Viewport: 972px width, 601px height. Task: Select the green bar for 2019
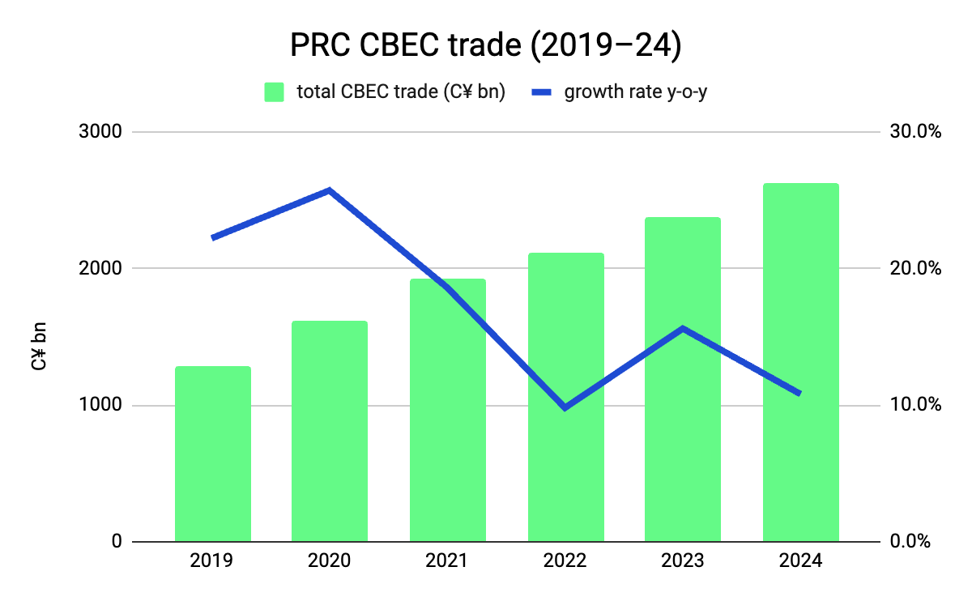pyautogui.click(x=213, y=454)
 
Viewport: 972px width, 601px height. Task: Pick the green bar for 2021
pyautogui.click(x=447, y=410)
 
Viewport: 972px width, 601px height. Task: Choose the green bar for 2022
pyautogui.click(x=565, y=397)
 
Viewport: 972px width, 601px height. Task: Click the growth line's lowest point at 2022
pyautogui.click(x=565, y=407)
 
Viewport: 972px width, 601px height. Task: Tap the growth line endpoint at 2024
pyautogui.click(x=799, y=394)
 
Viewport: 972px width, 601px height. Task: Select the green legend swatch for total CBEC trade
pyautogui.click(x=275, y=92)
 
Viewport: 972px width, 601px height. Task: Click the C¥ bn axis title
pyautogui.click(x=39, y=347)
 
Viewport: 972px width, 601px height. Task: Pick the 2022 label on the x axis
pyautogui.click(x=565, y=561)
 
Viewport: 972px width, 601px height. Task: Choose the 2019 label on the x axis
pyautogui.click(x=213, y=561)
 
